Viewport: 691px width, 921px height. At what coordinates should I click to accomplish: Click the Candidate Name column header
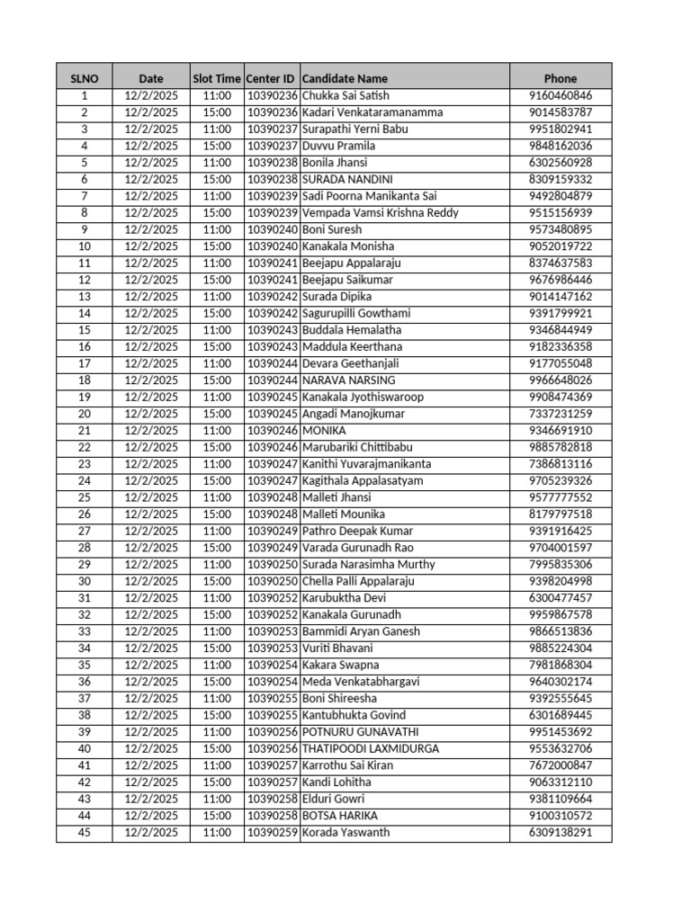click(x=345, y=78)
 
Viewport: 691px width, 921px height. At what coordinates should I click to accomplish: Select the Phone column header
click(x=561, y=78)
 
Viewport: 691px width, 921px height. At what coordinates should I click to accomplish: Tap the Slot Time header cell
click(x=217, y=78)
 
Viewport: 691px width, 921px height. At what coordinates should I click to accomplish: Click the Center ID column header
click(x=271, y=78)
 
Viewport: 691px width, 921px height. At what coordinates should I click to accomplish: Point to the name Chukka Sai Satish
click(x=346, y=95)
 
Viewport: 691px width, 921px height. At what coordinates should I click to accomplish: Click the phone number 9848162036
click(x=561, y=146)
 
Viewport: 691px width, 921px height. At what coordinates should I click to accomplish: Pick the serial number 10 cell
click(x=85, y=246)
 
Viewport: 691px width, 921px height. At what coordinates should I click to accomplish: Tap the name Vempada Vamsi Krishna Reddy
click(x=381, y=213)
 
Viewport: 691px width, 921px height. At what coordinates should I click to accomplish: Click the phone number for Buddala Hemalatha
click(x=561, y=330)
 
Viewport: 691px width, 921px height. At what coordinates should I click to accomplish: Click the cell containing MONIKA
click(x=324, y=431)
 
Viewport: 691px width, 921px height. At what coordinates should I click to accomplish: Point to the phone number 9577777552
click(x=561, y=497)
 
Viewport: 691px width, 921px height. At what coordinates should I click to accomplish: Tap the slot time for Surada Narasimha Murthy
click(x=217, y=565)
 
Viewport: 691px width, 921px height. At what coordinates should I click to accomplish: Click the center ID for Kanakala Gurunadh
click(x=271, y=614)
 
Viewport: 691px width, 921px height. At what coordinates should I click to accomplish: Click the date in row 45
click(x=151, y=833)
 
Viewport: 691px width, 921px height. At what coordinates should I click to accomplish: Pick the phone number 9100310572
click(x=561, y=816)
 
